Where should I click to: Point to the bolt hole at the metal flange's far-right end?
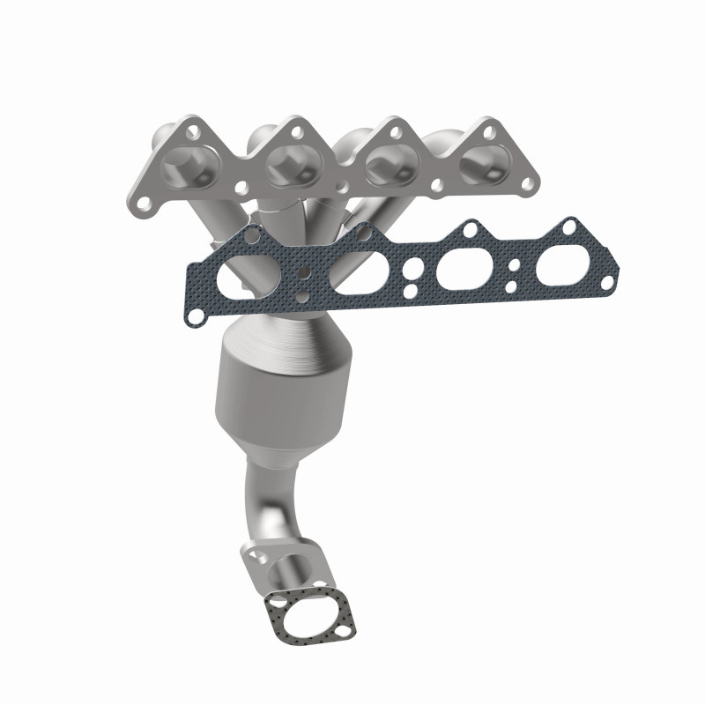530,184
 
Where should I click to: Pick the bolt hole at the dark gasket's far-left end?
199,311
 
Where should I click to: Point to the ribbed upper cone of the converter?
286,342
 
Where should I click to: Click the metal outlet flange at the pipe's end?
275,568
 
